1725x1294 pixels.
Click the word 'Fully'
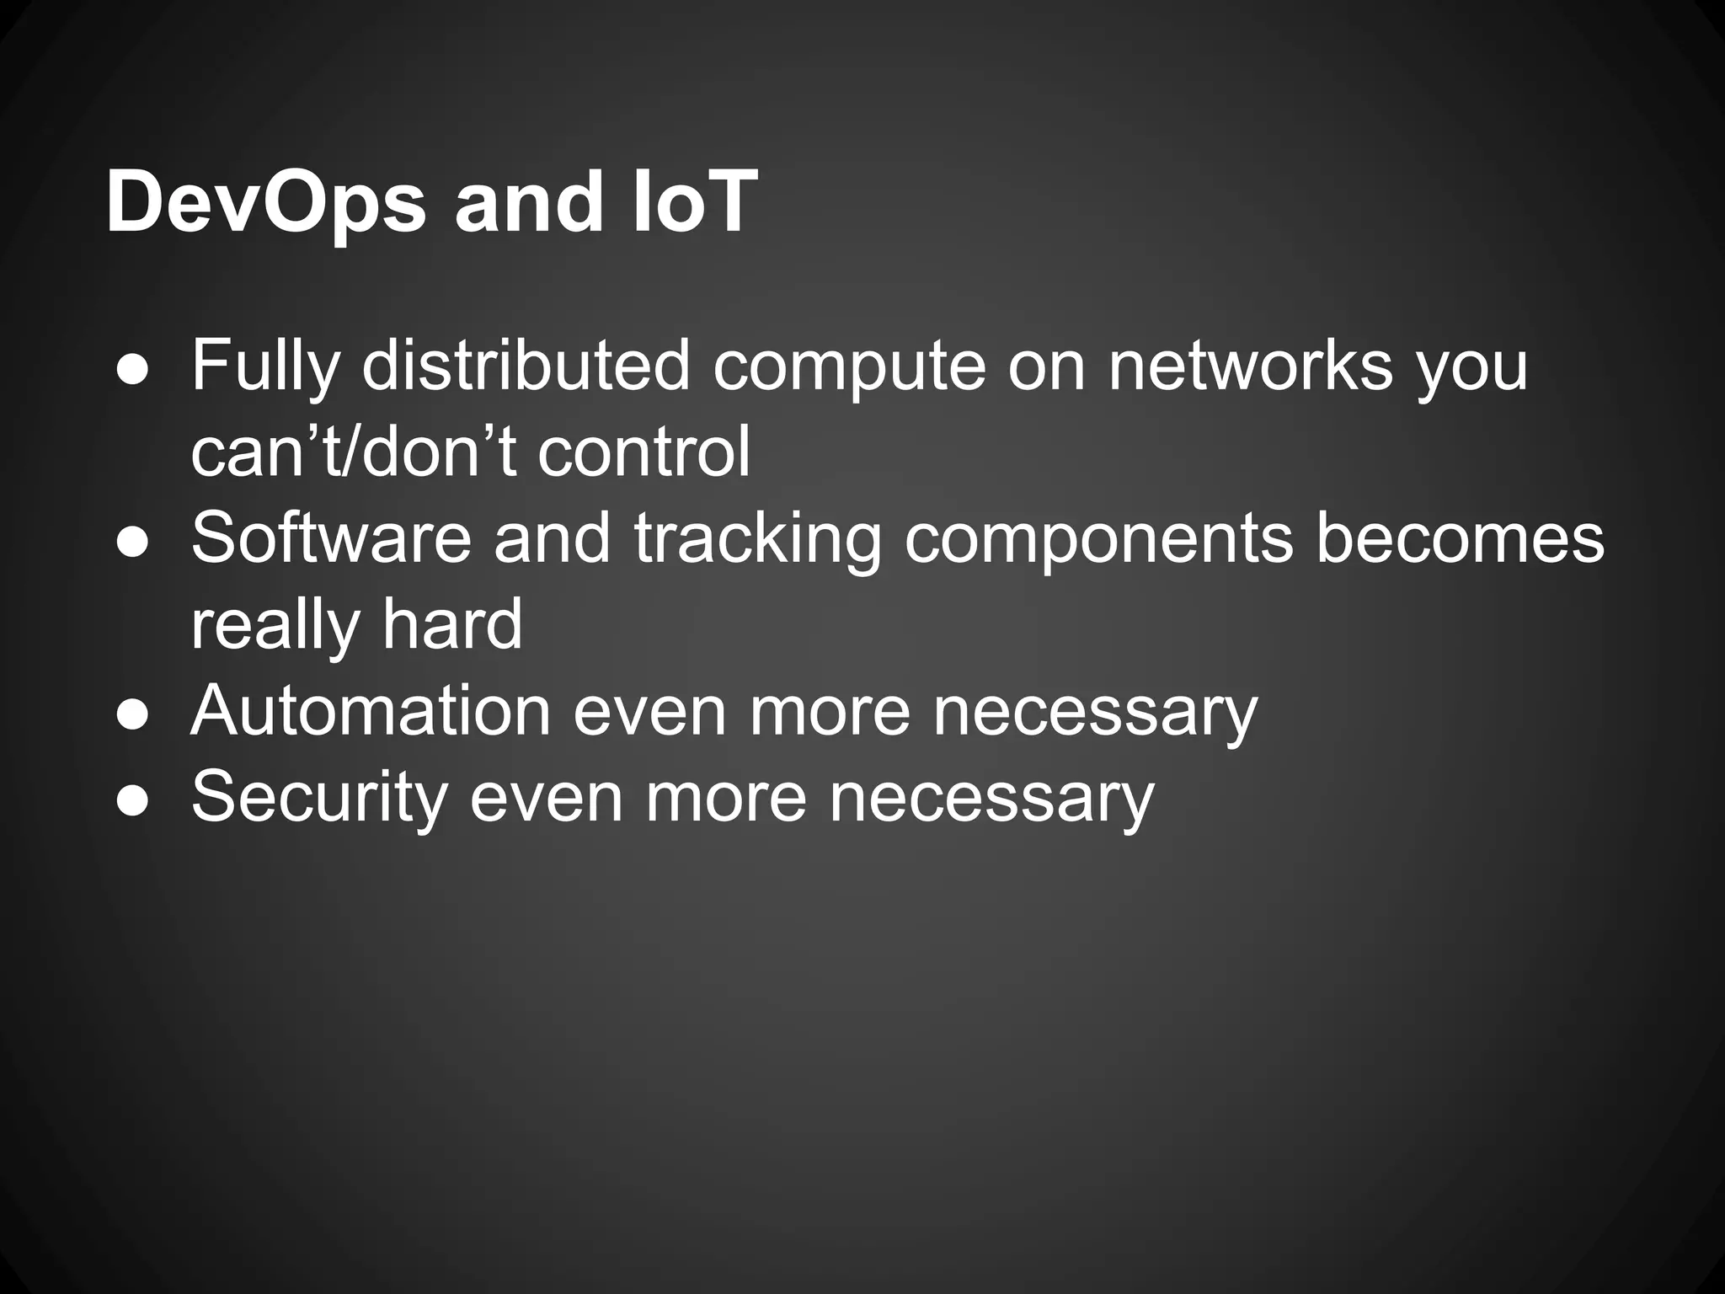click(x=265, y=367)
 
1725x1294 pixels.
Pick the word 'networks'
click(x=1250, y=366)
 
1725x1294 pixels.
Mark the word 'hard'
click(x=452, y=624)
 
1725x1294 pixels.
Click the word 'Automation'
click(x=371, y=712)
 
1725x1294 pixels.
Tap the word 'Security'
click(x=319, y=799)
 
